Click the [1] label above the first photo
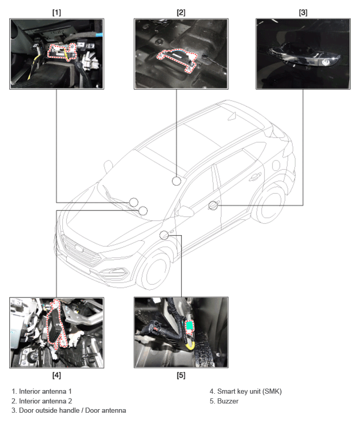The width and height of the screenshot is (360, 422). (x=57, y=12)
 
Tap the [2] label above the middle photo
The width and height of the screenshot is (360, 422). (x=181, y=12)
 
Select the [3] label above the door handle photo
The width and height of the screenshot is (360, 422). (x=303, y=12)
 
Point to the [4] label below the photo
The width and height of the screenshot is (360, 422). (x=57, y=375)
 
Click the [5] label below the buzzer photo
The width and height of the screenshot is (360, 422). (x=181, y=375)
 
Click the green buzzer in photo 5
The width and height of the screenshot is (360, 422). (x=190, y=326)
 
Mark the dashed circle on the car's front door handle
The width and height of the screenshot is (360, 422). (x=213, y=206)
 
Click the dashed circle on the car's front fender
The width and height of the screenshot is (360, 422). (x=164, y=236)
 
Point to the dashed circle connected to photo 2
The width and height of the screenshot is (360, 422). (x=176, y=181)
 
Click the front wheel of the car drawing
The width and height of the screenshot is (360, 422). (x=155, y=269)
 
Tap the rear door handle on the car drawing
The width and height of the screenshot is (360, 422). (x=255, y=177)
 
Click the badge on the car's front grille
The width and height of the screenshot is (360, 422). (x=79, y=248)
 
